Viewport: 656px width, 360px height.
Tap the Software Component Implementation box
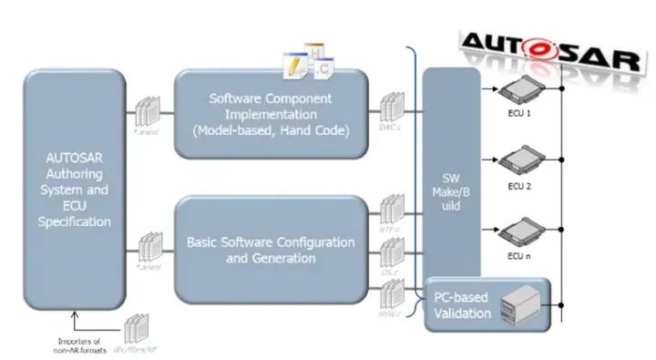272,115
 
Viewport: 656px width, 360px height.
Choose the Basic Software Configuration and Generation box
272,250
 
